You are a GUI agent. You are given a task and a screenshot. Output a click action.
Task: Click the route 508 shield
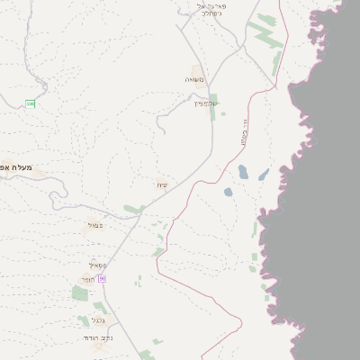[31, 104]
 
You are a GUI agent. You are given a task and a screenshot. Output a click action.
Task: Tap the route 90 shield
[103, 279]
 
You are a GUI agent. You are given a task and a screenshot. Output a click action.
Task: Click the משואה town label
[195, 80]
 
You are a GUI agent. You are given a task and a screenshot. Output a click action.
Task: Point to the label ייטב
[162, 185]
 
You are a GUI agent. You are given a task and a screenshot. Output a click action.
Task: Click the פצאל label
[94, 225]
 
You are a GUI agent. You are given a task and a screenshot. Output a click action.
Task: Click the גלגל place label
[98, 319]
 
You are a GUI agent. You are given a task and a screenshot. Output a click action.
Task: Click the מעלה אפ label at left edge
[16, 167]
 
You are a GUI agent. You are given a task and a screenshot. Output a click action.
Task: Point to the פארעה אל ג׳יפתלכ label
[209, 10]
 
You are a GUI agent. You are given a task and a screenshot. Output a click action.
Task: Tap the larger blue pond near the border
[243, 172]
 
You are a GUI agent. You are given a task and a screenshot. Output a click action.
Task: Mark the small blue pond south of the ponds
[228, 192]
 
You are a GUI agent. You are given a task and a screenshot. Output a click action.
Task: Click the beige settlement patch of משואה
[197, 69]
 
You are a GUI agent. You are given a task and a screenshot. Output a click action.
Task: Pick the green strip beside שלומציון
[213, 107]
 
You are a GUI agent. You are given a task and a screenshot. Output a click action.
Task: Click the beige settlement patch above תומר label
[86, 278]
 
